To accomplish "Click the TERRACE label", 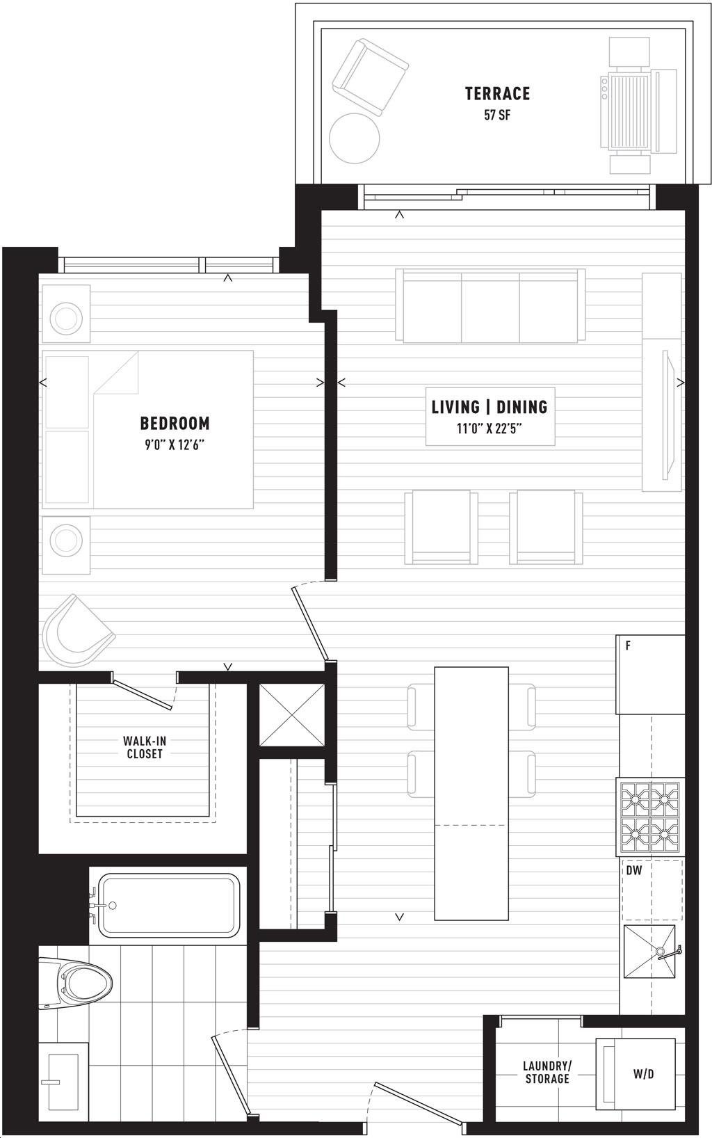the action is click(x=497, y=93).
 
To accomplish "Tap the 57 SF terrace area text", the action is click(x=496, y=115).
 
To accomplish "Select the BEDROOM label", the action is click(x=175, y=423).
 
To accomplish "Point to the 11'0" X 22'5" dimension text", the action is click(x=489, y=428).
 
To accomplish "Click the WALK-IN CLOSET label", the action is click(x=145, y=747).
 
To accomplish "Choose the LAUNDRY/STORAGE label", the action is click(x=547, y=1071).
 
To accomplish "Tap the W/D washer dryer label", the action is click(x=643, y=1073).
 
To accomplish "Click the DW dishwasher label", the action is click(x=634, y=870).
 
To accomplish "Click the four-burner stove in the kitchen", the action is click(x=651, y=817).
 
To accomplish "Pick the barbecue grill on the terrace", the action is click(x=638, y=106).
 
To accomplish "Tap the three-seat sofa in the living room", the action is click(x=491, y=306).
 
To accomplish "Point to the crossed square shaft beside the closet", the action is click(x=292, y=715).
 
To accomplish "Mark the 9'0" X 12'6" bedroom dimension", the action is click(x=175, y=445).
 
